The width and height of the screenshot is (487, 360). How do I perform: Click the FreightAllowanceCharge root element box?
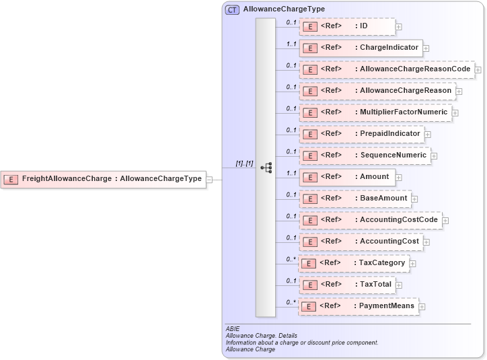click(104, 179)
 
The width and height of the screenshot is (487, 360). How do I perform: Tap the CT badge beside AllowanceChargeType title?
click(232, 9)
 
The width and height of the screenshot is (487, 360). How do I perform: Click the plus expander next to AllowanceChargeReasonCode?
click(478, 69)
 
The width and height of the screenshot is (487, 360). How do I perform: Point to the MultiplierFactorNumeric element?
click(375, 112)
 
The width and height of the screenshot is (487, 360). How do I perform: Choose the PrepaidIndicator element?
click(361, 134)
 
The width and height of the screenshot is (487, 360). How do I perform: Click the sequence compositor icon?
click(266, 168)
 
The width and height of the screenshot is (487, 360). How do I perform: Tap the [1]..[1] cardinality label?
click(244, 164)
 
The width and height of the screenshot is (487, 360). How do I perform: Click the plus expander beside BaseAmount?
click(415, 199)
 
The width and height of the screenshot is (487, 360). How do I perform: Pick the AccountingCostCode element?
click(370, 220)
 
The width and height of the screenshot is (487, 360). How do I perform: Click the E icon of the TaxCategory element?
click(309, 263)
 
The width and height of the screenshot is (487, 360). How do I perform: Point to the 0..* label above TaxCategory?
click(291, 258)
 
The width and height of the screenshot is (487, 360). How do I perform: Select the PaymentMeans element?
click(359, 306)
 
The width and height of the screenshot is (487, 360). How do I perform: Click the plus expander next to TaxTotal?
click(400, 285)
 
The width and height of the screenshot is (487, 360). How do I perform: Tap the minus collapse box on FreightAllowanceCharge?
click(209, 180)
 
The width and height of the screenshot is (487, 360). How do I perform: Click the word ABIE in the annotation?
click(233, 329)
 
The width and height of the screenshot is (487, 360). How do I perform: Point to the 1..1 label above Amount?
click(291, 172)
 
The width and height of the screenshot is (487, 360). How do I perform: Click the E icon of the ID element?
click(310, 27)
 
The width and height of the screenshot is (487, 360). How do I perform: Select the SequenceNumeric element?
click(365, 155)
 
